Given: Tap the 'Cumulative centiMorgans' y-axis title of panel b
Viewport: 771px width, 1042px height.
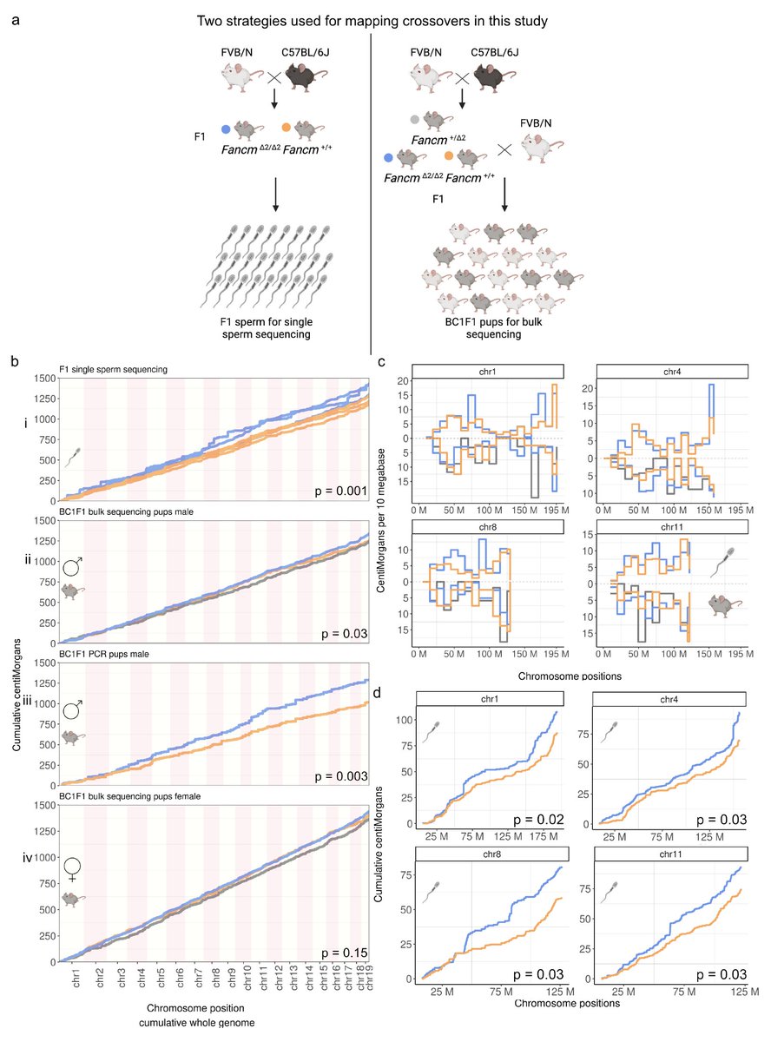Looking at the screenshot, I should pyautogui.click(x=19, y=669).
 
